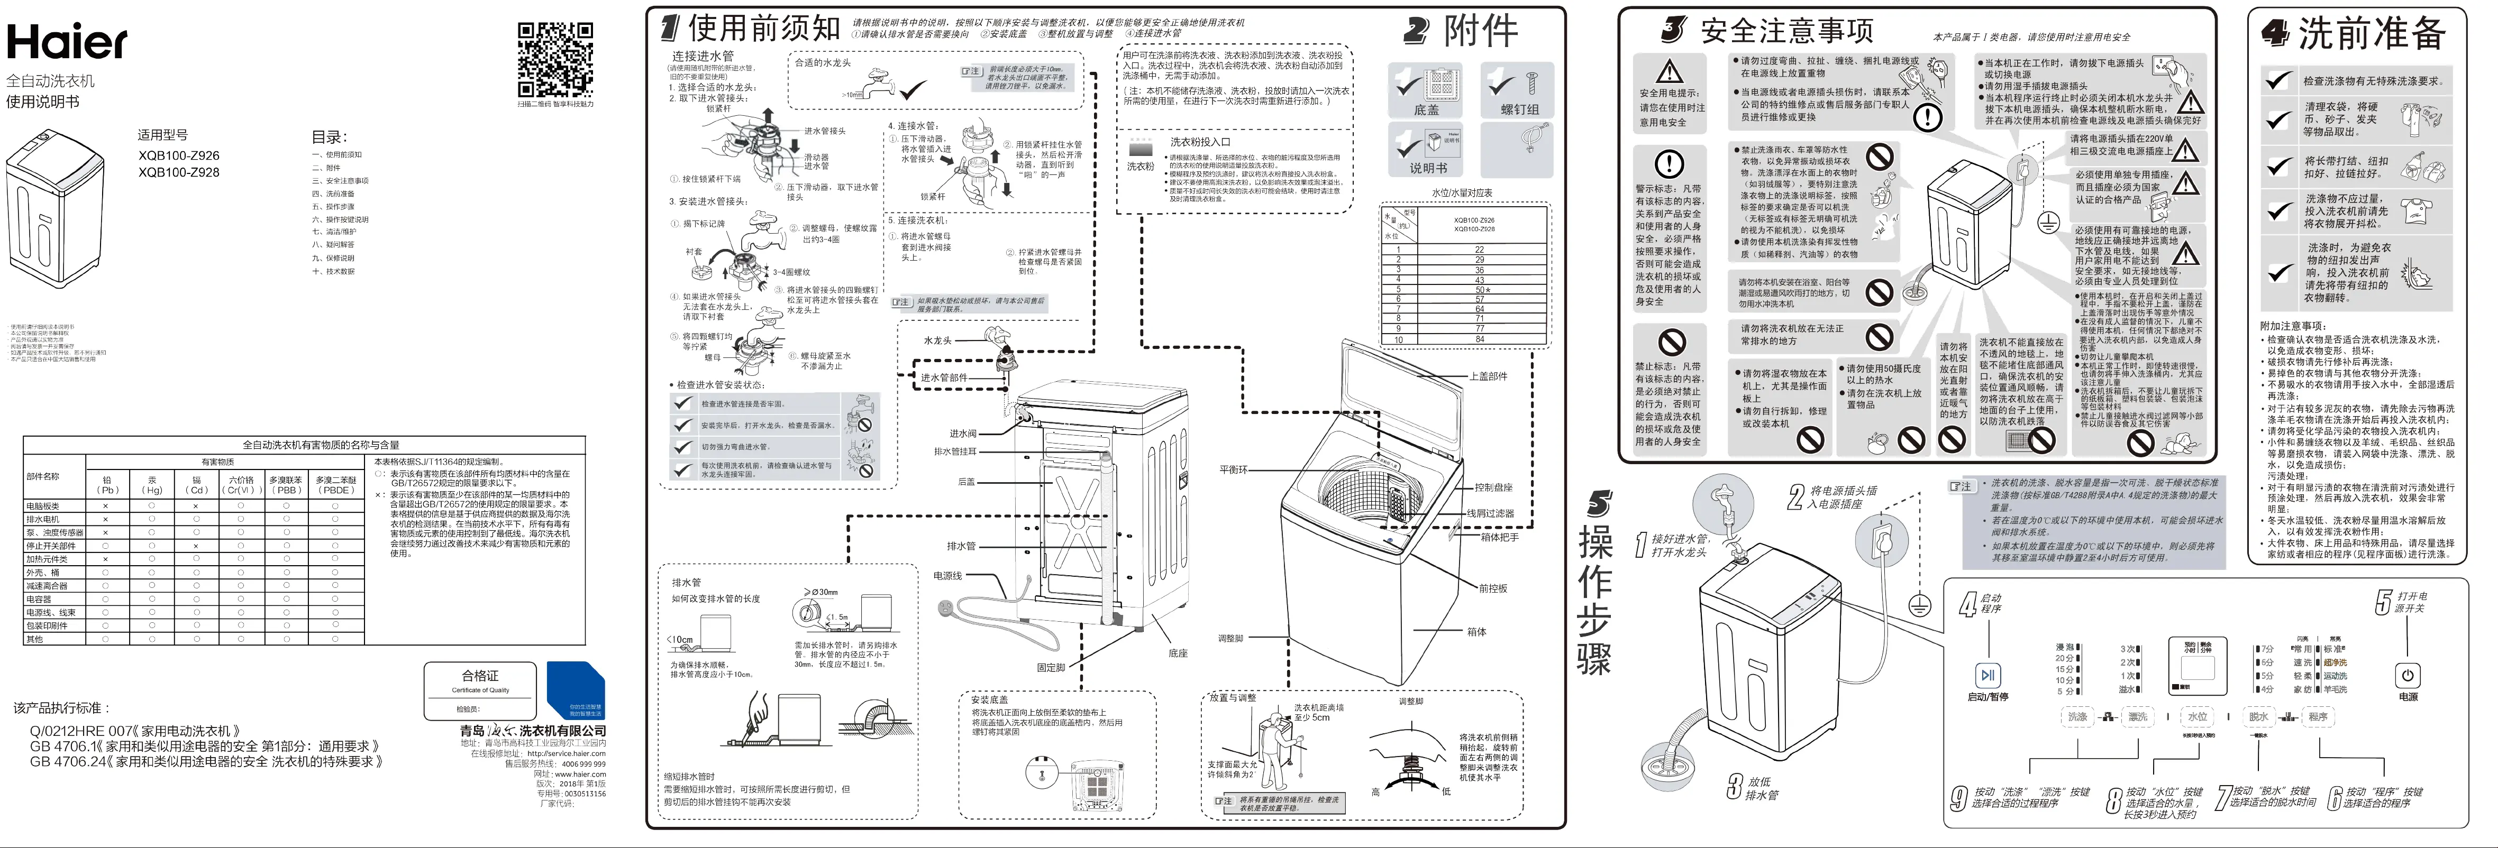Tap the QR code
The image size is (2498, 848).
click(x=555, y=60)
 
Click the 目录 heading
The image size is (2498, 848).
click(x=329, y=137)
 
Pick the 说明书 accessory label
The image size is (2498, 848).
click(x=1427, y=168)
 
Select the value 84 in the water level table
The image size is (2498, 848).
click(x=1480, y=339)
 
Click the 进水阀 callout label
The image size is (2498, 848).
click(x=963, y=434)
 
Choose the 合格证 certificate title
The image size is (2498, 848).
click(x=480, y=676)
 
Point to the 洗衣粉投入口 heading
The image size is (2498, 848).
click(x=1200, y=142)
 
